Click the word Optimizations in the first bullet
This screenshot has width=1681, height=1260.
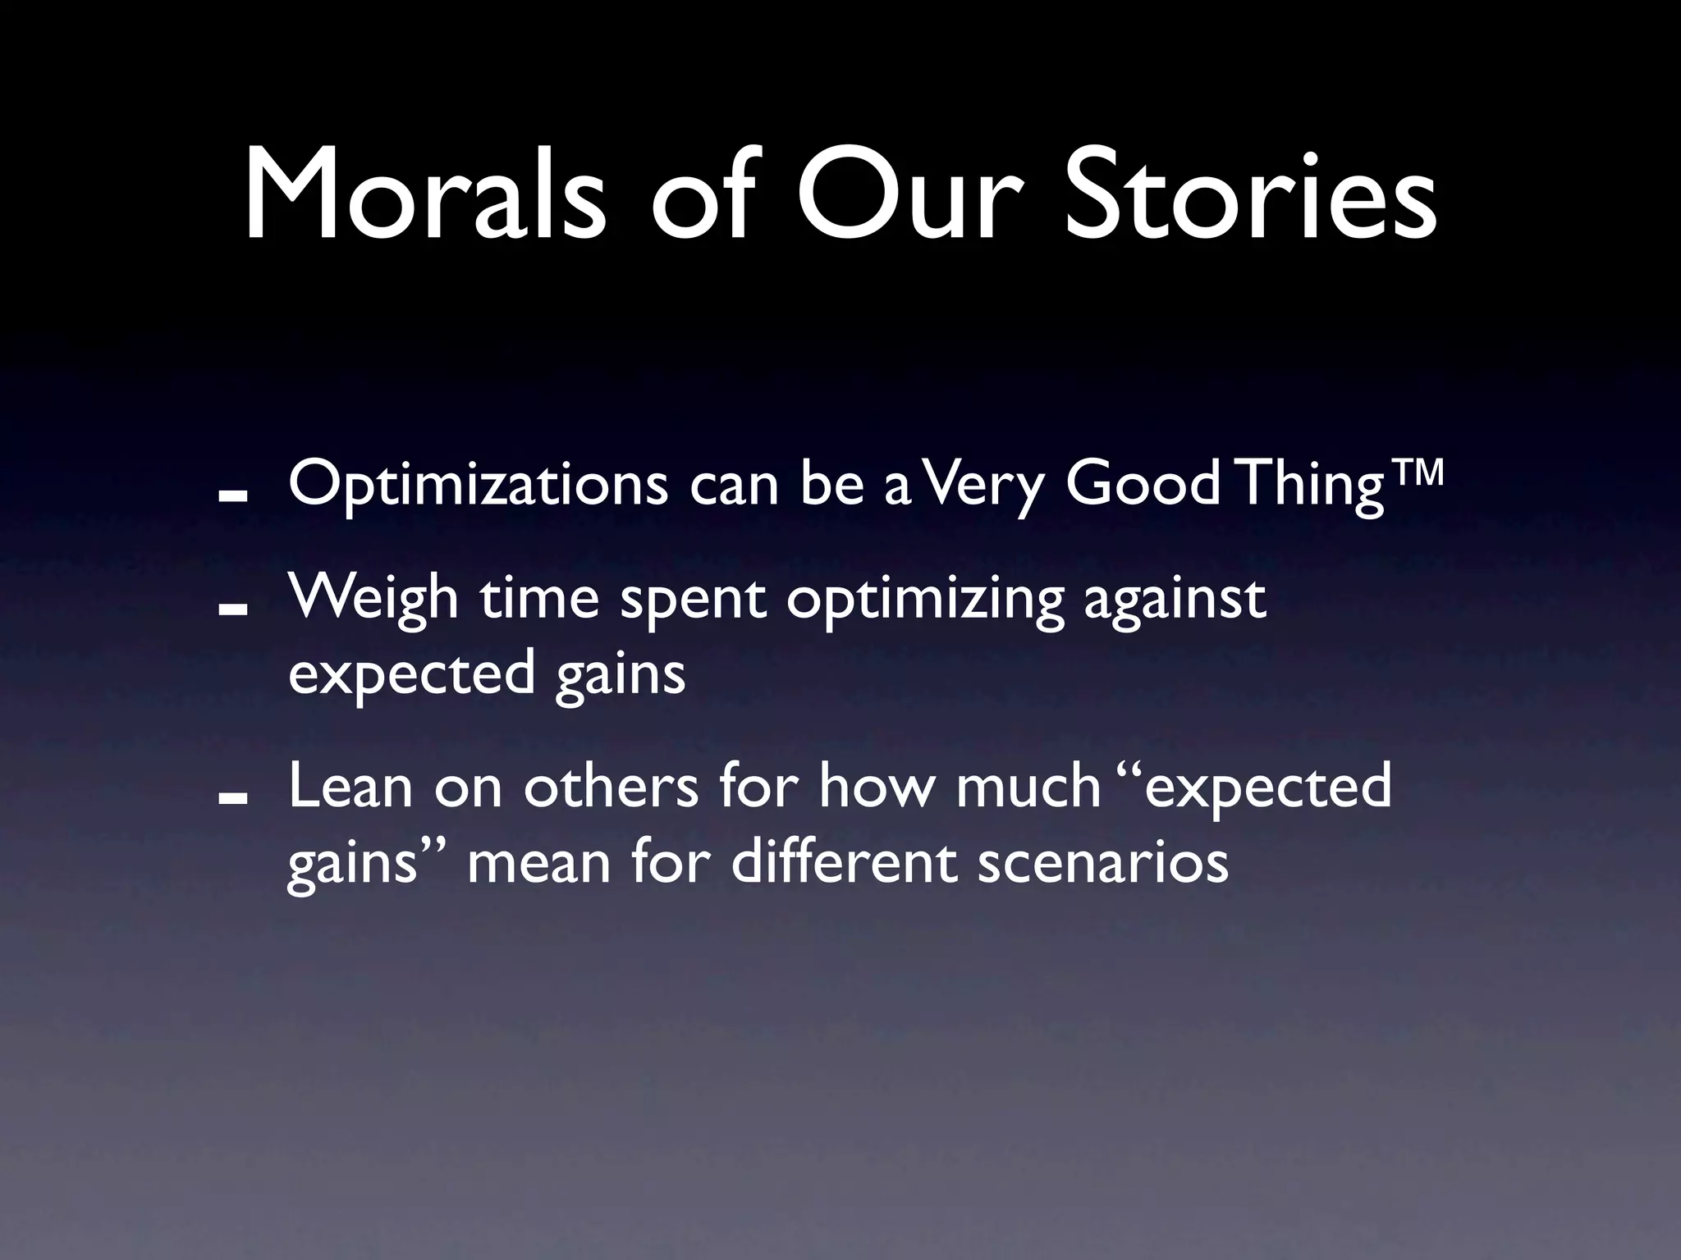tap(478, 486)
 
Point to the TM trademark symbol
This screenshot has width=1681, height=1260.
tap(1414, 475)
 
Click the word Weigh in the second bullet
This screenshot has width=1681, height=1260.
tap(373, 599)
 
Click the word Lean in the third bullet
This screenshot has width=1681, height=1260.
tap(350, 787)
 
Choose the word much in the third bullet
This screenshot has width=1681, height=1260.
tap(1028, 787)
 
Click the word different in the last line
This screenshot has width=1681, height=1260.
tap(844, 863)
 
